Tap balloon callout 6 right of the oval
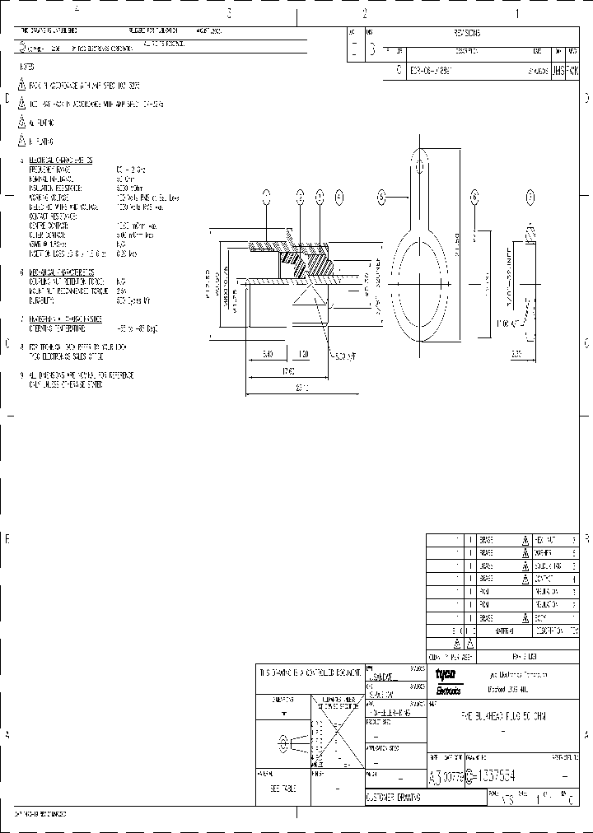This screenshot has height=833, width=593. coord(474,197)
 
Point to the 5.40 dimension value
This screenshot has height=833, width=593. coord(268,353)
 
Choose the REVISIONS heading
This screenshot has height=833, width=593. coord(467,34)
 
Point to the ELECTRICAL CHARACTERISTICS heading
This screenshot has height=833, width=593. coord(61,160)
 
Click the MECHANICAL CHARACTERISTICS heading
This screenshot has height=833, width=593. coord(61,271)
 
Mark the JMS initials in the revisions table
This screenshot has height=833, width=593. coord(558,72)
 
